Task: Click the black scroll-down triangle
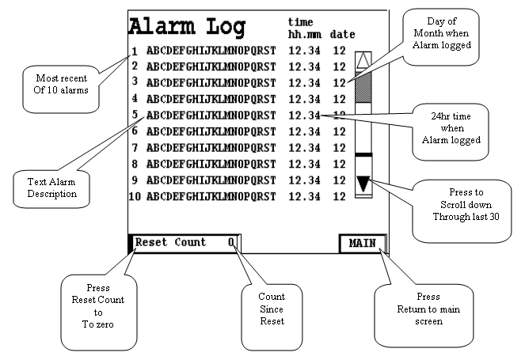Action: coord(363,184)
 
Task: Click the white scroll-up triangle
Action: coord(363,61)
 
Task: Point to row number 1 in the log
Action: coord(135,52)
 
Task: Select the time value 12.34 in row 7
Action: coord(305,147)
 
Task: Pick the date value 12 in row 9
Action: coord(339,180)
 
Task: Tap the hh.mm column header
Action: coord(304,35)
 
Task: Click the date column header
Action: coord(342,35)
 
